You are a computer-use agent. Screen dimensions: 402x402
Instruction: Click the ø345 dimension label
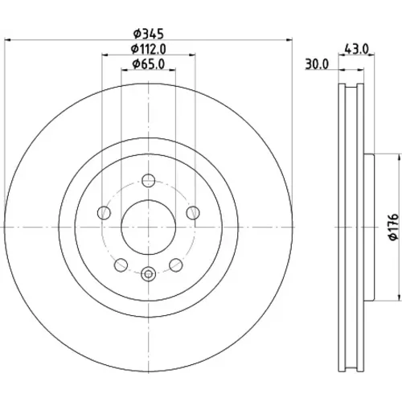149,34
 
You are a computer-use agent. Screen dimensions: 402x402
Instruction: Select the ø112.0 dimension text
149,49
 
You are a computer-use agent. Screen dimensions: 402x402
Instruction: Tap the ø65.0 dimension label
149,64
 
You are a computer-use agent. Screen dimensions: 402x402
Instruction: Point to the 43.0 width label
357,49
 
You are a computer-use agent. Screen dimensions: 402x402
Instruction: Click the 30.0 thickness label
317,64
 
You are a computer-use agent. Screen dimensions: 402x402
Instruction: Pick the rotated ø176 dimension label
394,227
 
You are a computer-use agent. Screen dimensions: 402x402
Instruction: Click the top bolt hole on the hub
149,180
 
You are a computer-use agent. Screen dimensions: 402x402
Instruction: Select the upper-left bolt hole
104,213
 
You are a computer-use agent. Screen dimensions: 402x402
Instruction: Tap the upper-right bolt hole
193,213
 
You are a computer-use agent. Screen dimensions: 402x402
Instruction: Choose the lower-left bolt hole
121,265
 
